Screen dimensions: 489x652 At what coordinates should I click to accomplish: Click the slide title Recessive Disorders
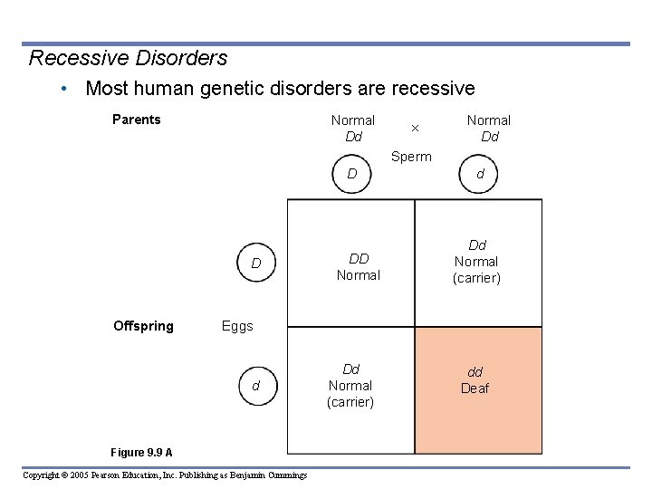[128, 58]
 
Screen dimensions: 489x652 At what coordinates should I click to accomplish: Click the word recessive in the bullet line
[430, 89]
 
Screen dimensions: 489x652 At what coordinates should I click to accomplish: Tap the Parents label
[137, 120]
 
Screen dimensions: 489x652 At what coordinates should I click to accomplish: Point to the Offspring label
[143, 326]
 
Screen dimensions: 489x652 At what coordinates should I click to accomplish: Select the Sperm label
[411, 157]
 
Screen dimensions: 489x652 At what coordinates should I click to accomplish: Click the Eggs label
[237, 326]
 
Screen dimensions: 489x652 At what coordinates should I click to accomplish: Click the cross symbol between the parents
[415, 128]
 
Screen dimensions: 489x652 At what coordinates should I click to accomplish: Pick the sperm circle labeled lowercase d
[480, 174]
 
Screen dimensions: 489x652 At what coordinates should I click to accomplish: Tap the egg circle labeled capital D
[256, 264]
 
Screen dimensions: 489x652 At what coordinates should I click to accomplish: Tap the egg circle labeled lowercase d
[256, 386]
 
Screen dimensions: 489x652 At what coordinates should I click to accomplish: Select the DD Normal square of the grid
[351, 263]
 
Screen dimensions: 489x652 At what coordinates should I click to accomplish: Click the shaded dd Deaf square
[478, 390]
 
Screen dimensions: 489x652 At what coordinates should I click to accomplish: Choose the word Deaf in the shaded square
[475, 388]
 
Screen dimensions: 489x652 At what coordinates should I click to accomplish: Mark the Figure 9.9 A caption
[141, 453]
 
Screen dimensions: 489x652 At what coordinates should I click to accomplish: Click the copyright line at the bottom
[165, 475]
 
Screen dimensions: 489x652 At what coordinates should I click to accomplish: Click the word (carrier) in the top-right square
[476, 278]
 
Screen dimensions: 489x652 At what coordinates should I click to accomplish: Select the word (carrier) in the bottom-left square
[350, 402]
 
